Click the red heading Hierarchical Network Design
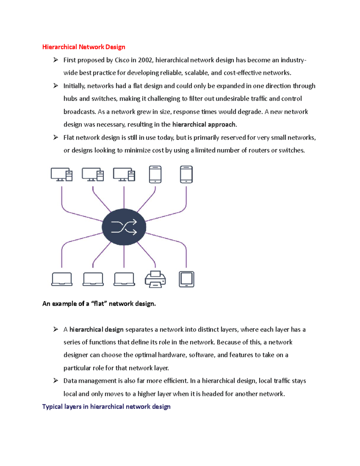pos(84,47)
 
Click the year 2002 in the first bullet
pos(145,60)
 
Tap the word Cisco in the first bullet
pos(122,60)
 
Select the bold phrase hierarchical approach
pos(204,125)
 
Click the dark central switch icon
pos(124,227)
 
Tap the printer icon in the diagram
pos(155,279)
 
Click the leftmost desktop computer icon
pos(61,175)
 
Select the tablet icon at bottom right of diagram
pos(186,279)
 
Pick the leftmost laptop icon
pos(62,279)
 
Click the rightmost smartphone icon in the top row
pos(186,174)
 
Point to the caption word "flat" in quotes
pos(99,304)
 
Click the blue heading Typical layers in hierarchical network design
pos(106,407)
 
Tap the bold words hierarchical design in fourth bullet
pos(96,330)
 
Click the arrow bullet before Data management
pos(56,381)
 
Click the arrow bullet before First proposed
pos(56,60)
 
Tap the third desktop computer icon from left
pos(124,175)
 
